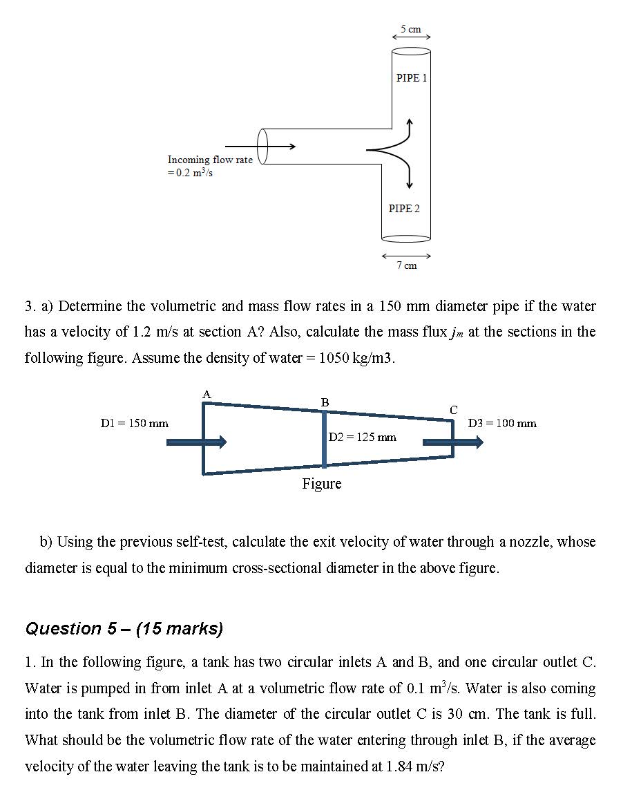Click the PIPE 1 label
(x=412, y=78)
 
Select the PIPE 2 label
(x=404, y=208)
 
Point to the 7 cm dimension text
(x=406, y=265)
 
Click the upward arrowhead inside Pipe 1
(x=410, y=123)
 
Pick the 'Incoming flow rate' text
(x=210, y=160)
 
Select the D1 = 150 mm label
(x=135, y=423)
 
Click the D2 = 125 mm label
(x=363, y=437)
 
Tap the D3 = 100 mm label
(x=502, y=423)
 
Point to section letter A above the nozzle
(x=206, y=394)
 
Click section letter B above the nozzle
(x=325, y=402)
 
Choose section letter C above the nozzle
(x=453, y=410)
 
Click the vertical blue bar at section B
(x=324, y=439)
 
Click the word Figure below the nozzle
(x=322, y=484)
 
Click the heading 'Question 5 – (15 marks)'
(x=124, y=628)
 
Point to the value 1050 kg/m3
(x=352, y=358)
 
